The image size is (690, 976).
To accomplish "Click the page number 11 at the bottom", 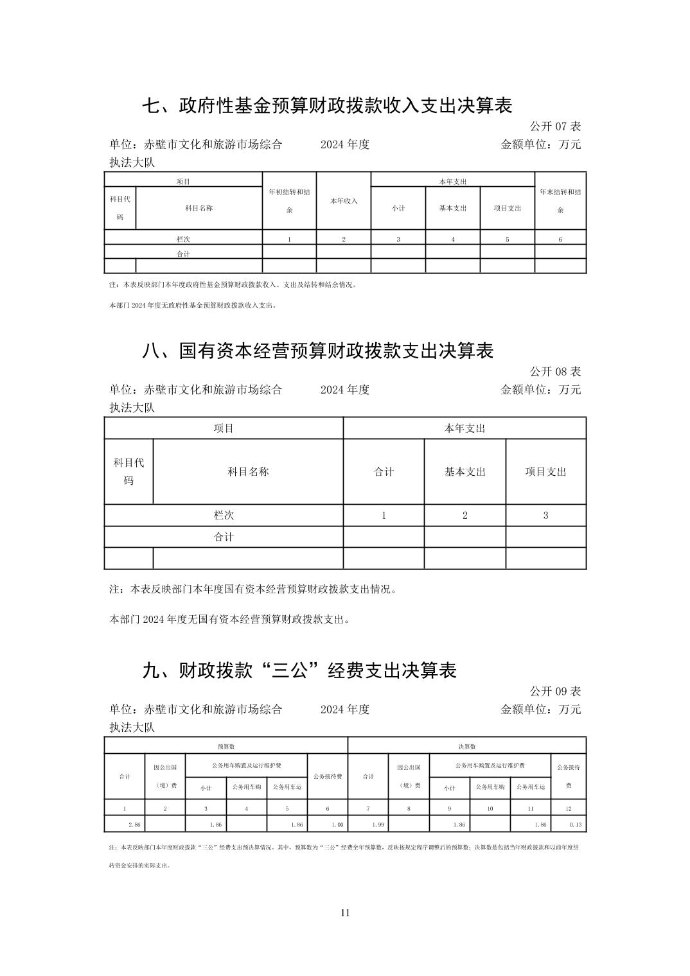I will point(345,913).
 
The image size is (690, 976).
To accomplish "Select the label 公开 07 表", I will point(555,126).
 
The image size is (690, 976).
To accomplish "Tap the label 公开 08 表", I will point(555,371).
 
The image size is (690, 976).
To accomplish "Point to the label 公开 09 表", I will point(555,691).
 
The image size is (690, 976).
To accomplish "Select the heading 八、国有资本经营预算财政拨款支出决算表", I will point(318,351).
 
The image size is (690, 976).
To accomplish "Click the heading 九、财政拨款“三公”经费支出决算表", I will point(299,671).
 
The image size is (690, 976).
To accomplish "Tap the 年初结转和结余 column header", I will point(289,200).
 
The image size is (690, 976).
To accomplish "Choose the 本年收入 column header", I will point(344,201).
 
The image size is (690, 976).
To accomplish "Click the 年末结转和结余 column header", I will point(560,200).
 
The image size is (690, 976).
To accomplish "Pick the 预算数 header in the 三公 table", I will point(226,746).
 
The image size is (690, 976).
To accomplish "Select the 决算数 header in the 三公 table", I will point(467,746).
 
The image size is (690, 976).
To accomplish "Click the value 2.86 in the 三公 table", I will point(134,824).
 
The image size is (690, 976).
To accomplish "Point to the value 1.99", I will point(378,824).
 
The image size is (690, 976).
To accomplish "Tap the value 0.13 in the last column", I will point(575,824).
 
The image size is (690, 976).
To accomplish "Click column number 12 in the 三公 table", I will point(569,808).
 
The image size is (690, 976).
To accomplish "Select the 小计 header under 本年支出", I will point(398,208).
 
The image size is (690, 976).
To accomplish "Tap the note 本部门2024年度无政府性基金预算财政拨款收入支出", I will point(193,306).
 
